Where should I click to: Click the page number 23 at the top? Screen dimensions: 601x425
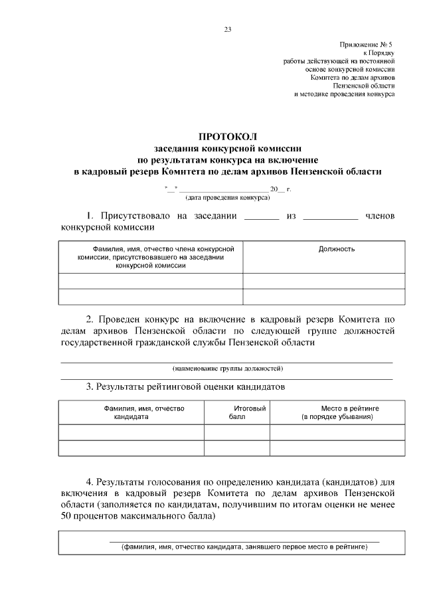[228, 29]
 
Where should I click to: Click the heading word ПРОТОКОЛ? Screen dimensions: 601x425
[228, 137]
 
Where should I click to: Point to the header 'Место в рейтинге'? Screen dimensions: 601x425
[337, 408]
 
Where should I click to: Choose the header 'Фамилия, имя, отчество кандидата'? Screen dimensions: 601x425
[130, 412]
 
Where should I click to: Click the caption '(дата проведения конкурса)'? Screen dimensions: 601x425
[228, 198]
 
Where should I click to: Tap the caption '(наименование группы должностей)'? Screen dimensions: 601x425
[228, 367]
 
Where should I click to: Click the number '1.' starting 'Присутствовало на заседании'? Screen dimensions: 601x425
[92, 216]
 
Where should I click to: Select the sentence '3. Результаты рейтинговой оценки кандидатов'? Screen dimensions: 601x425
[185, 386]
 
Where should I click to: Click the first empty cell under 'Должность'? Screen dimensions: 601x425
[323, 281]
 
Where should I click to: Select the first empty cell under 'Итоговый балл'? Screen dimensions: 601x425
[236, 433]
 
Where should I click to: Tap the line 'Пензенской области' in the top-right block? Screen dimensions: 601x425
[363, 86]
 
